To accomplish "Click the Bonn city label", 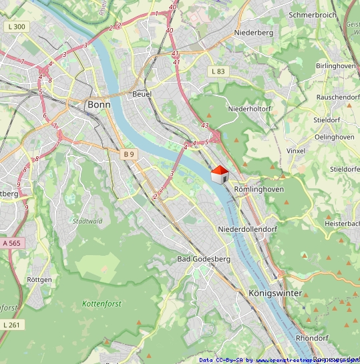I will point(99,105).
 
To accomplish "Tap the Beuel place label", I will point(142,94).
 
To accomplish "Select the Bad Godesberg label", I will point(204,258).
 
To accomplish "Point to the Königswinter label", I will point(275,293).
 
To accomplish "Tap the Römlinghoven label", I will point(259,189).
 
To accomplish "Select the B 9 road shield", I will point(129,154).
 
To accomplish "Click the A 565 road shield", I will point(12,244).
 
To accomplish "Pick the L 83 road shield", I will point(218,71).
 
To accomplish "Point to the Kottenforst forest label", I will point(104,304).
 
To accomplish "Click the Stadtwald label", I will point(87,220).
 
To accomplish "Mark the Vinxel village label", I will point(295,151).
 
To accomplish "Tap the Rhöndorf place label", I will point(312,338).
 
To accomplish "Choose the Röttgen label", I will point(40,279).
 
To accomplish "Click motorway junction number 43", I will point(204,125).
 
